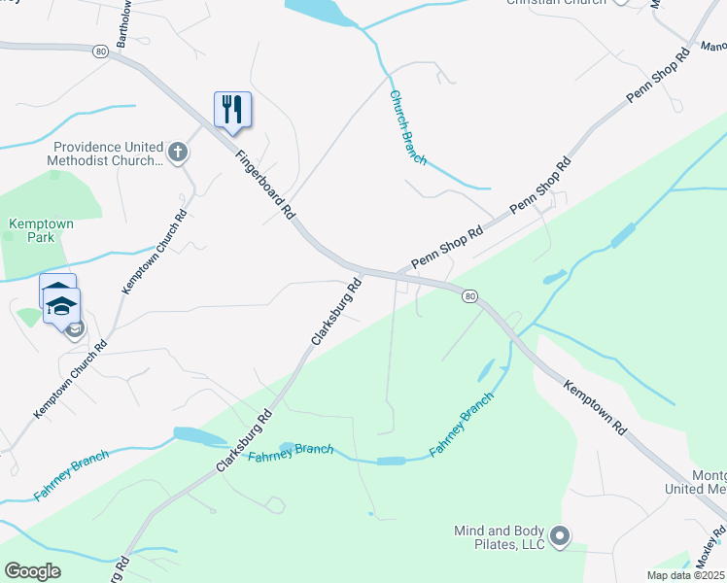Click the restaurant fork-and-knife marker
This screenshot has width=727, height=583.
click(x=232, y=109)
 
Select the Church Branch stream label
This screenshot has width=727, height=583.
click(x=407, y=127)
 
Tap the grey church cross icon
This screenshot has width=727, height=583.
click(x=177, y=152)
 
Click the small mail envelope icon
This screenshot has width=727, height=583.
click(x=75, y=329)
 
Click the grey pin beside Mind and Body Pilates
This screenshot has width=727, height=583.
click(x=560, y=535)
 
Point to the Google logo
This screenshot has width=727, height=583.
click(x=33, y=570)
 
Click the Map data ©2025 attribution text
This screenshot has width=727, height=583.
click(x=685, y=575)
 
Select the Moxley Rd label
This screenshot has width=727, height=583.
click(x=710, y=550)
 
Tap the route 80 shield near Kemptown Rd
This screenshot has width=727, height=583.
click(x=469, y=295)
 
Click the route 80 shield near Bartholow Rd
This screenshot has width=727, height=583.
click(x=100, y=51)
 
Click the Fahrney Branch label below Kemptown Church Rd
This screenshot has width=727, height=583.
click(x=71, y=475)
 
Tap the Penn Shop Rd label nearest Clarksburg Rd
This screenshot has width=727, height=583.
click(x=446, y=248)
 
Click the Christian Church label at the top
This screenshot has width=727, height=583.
click(x=555, y=2)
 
